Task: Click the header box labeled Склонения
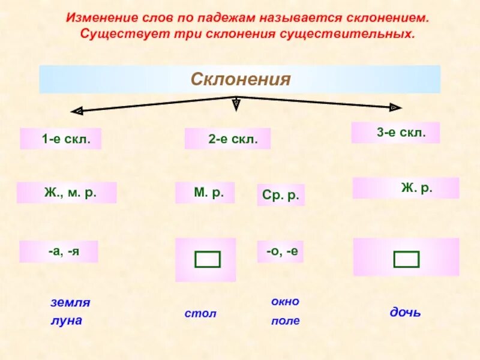click(240, 79)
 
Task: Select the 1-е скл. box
click(61, 139)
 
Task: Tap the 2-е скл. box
click(228, 139)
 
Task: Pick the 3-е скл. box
click(395, 133)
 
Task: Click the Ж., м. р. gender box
click(67, 193)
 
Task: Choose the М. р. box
click(205, 193)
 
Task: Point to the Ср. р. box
click(281, 196)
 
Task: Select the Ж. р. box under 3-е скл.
click(406, 188)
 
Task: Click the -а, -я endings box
click(59, 252)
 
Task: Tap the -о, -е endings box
click(280, 252)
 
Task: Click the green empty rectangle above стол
click(207, 259)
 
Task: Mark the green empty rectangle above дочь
click(406, 259)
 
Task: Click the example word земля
click(70, 302)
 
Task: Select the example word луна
click(66, 320)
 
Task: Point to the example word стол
click(200, 314)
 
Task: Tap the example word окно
click(285, 301)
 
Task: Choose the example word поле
click(285, 321)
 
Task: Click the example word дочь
click(406, 313)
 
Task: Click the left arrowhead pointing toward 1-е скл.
click(76, 111)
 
